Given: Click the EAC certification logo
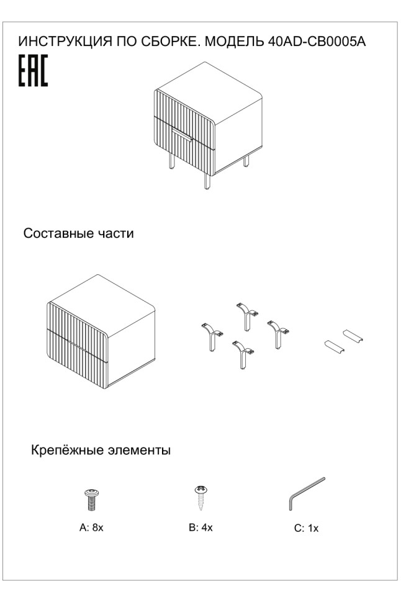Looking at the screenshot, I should (x=32, y=73).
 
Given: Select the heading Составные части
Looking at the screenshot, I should (x=78, y=234).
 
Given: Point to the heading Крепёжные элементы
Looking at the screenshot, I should (x=101, y=450).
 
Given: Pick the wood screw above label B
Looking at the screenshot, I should (x=200, y=496).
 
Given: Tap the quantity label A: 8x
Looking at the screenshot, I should (x=91, y=528).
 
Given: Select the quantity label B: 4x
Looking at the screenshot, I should (x=200, y=528).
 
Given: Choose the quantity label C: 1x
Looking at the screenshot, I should (x=306, y=529).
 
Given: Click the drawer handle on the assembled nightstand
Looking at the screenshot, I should (x=183, y=137).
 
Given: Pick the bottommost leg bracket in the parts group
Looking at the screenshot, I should (x=240, y=354).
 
